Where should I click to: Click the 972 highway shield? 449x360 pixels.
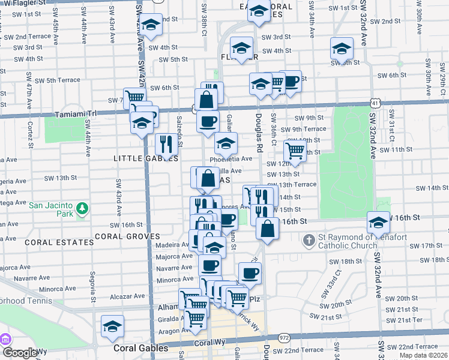coord(284,338)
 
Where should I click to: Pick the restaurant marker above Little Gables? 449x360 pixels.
coord(166,143)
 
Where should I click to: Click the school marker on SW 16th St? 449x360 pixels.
coord(378,223)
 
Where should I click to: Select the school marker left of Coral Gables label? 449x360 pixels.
coord(112,326)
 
